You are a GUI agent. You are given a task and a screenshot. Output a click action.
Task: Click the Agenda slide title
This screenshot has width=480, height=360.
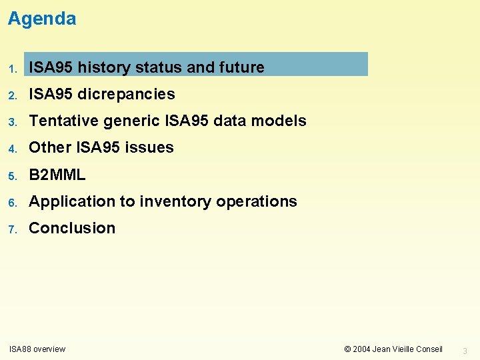point(42,19)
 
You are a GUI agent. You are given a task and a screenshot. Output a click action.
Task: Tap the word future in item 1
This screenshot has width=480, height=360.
point(241,67)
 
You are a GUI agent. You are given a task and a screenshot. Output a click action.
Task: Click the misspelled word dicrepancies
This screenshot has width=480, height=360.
point(126,94)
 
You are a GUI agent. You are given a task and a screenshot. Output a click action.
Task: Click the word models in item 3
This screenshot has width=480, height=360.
point(282,121)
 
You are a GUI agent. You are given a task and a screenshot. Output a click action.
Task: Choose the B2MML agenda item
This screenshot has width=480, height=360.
point(57,175)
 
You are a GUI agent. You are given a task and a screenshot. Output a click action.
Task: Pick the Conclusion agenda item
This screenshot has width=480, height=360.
point(72,228)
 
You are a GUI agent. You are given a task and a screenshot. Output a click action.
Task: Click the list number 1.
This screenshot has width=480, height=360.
point(12,69)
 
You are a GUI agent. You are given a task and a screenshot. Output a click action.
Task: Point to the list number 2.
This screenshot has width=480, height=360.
point(12,95)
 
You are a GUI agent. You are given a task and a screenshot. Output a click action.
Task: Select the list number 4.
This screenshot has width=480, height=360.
point(12,149)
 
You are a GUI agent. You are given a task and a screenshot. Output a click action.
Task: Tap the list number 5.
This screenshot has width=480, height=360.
point(12,175)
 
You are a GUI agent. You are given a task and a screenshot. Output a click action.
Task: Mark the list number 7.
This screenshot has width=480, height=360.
point(12,229)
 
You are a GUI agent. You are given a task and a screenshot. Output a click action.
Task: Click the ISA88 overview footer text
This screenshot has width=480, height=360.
point(37,349)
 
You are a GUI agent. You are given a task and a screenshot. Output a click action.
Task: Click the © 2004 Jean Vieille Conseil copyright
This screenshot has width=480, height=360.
point(393,349)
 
